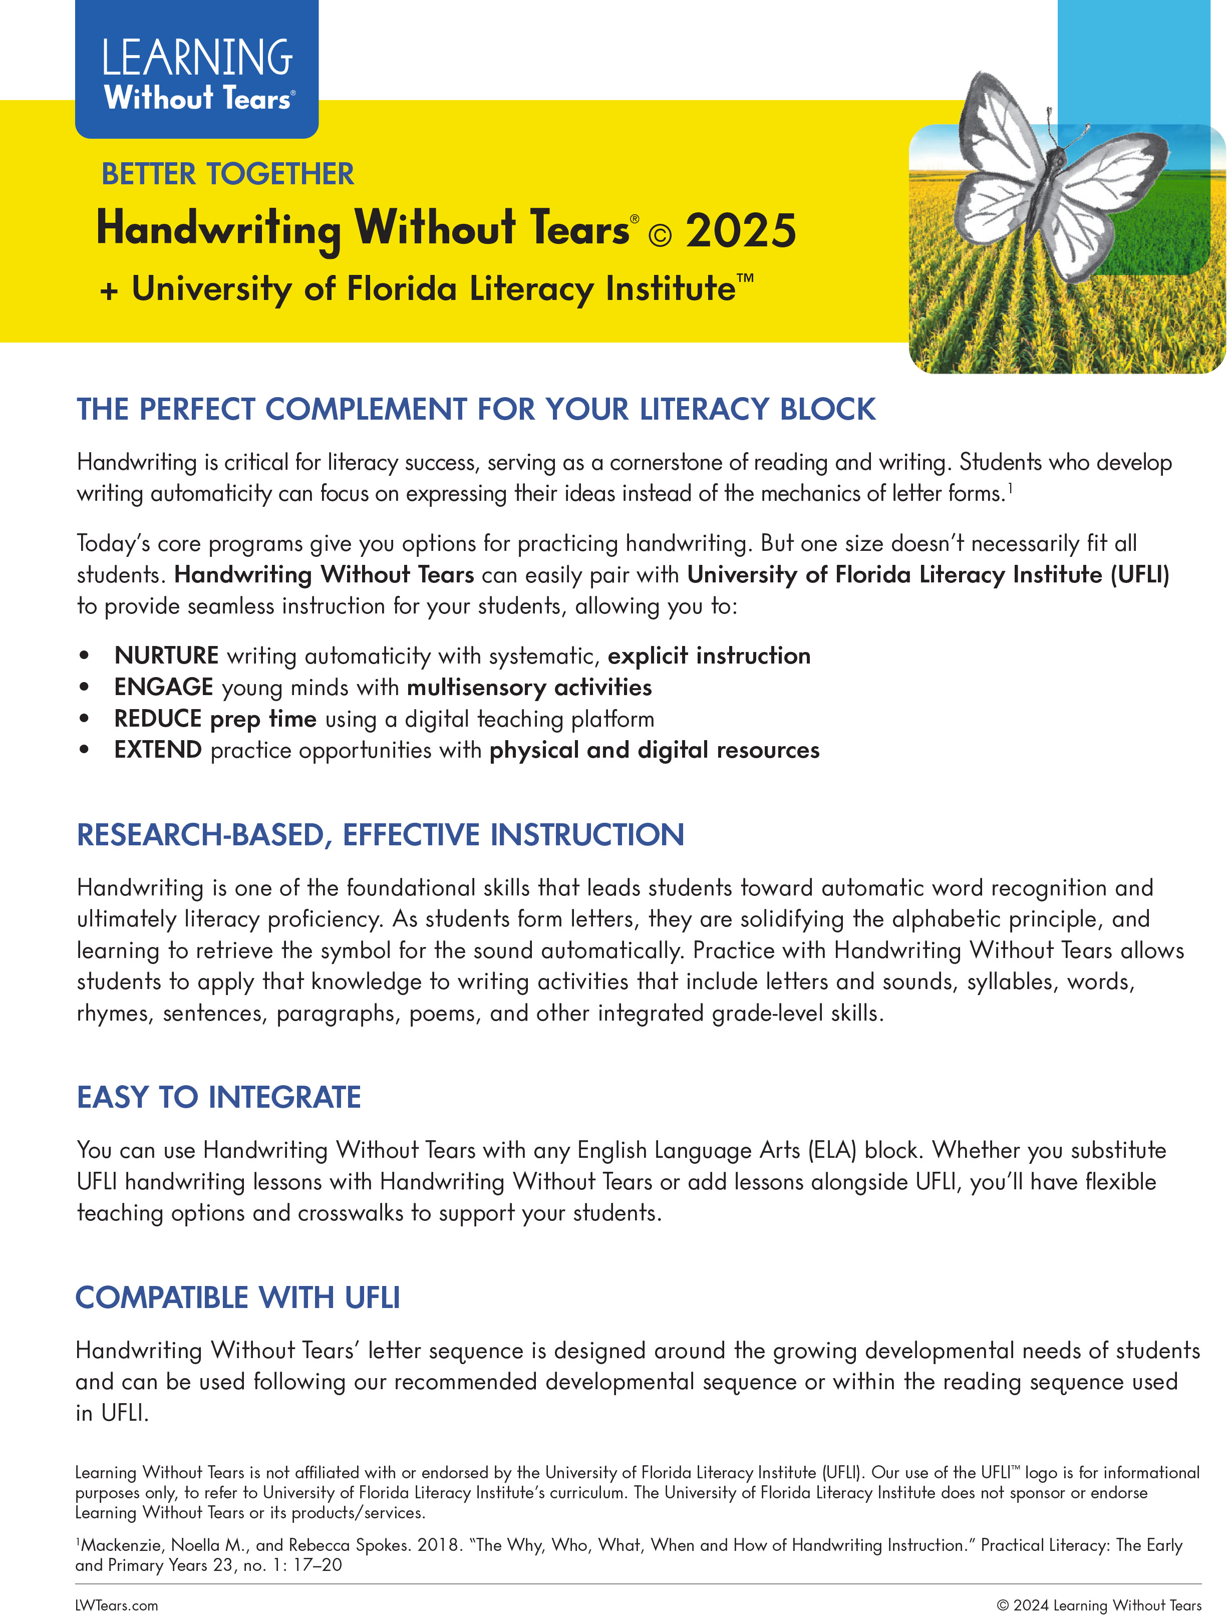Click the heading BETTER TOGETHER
tap(227, 175)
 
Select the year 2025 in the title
tap(741, 231)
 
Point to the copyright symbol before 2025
tap(660, 235)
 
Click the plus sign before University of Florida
tap(109, 291)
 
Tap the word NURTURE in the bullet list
tap(166, 656)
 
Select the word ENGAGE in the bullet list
tap(164, 687)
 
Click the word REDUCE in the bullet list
tap(158, 719)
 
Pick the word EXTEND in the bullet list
tap(158, 750)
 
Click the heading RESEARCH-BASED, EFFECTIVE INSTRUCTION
tap(380, 835)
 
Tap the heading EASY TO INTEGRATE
tap(218, 1097)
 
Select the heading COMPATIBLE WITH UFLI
tap(237, 1298)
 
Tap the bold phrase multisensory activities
tap(529, 687)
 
